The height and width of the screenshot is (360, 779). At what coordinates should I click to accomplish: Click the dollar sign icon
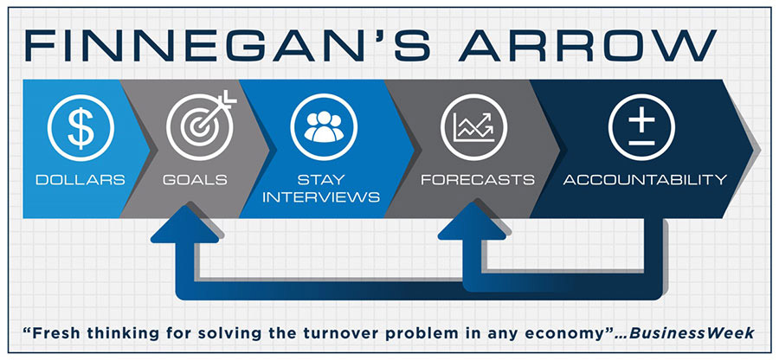click(x=80, y=127)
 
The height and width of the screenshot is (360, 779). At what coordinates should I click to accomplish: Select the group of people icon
click(x=324, y=127)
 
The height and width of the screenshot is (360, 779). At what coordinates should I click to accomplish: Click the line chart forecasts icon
click(x=473, y=127)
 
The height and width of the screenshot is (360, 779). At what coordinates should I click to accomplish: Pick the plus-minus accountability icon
click(x=641, y=127)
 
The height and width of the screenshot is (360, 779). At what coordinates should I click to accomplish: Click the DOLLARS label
click(x=80, y=179)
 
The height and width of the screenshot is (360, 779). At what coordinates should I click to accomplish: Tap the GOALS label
click(x=195, y=179)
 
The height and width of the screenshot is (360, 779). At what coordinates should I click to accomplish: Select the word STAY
click(x=321, y=179)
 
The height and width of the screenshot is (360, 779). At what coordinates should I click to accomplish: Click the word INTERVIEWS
click(x=321, y=197)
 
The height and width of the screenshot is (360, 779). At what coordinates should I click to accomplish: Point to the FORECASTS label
click(x=478, y=179)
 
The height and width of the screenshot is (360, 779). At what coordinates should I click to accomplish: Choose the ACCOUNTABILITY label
click(x=645, y=179)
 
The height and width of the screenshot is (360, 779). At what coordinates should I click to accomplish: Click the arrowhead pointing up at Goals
click(x=185, y=223)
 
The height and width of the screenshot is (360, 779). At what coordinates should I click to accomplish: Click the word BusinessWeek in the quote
click(x=692, y=332)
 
